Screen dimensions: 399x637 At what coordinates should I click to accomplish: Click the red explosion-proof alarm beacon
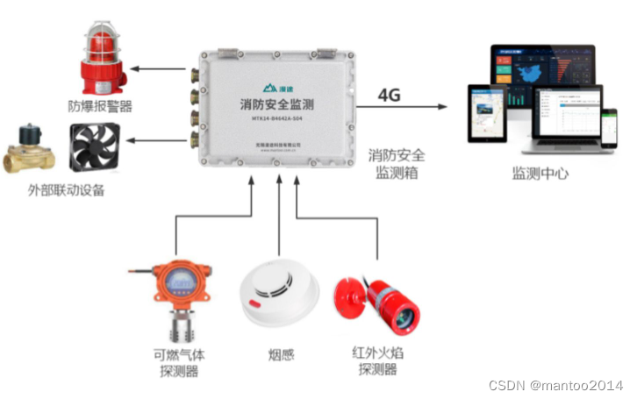pos(104,61)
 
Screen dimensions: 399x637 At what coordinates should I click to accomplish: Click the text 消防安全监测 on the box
pos(277,104)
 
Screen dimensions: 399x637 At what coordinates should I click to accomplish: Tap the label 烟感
pos(280,355)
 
